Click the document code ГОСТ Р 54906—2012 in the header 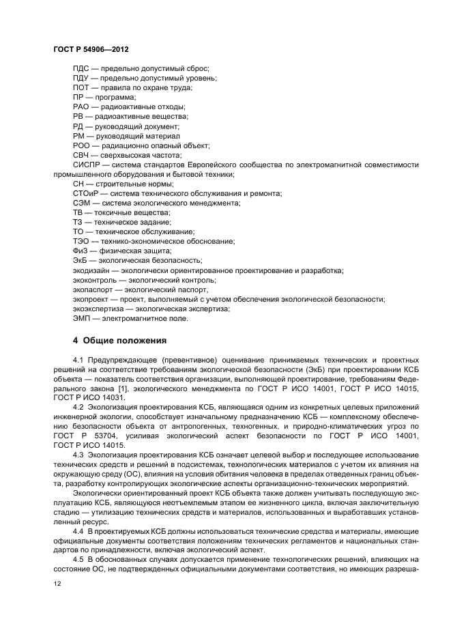(x=91, y=51)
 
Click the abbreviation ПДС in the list (x=81, y=69)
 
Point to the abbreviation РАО (x=81, y=107)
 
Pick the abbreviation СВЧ (x=81, y=155)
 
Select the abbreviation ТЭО (x=81, y=241)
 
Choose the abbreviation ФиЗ (x=81, y=251)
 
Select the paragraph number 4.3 (x=78, y=454)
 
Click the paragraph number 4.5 (x=78, y=559)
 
